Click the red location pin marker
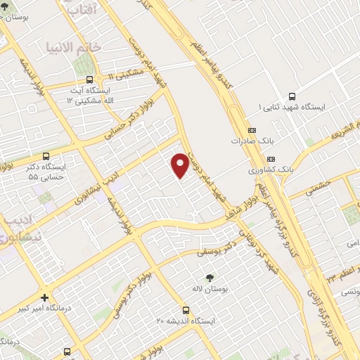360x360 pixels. pos(180,165)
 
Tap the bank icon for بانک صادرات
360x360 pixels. pos(252,129)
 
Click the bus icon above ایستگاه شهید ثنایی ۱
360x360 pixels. pos(292,97)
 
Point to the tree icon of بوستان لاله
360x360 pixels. pos(209,278)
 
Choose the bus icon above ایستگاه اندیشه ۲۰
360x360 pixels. pos(186,309)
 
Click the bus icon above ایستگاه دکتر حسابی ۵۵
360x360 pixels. pos(46,156)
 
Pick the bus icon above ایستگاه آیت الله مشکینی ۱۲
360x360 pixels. pos(89,80)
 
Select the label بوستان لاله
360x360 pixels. pos(208,289)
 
